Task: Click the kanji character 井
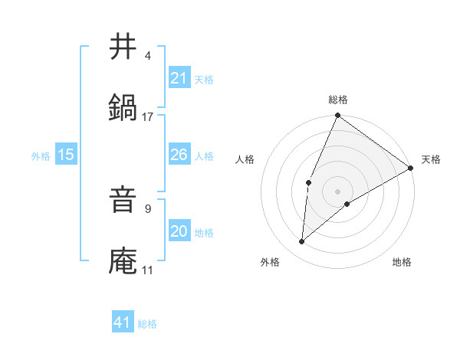(123, 47)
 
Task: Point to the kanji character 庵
(123, 261)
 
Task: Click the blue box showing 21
(179, 78)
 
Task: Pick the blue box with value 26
(179, 155)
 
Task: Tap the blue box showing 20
(179, 231)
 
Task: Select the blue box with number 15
(65, 155)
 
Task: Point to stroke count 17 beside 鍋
(148, 117)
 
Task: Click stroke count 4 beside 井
(148, 56)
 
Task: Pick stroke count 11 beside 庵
(148, 270)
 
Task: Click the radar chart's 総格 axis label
(338, 100)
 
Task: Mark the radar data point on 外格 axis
(302, 242)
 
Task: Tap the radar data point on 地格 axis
(347, 204)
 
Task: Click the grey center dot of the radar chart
(338, 191)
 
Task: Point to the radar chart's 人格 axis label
(245, 160)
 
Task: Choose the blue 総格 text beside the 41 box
(147, 324)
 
